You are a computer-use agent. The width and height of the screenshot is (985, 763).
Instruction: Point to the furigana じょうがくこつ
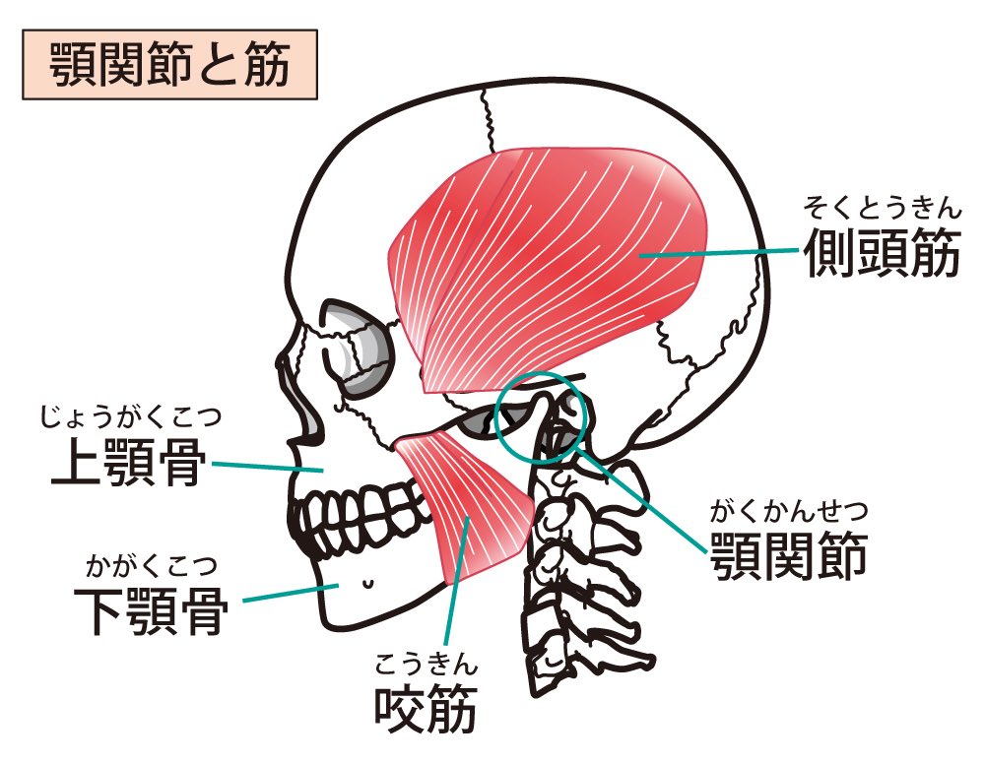pyautogui.click(x=128, y=416)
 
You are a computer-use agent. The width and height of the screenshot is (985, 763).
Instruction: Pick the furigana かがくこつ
pyautogui.click(x=151, y=566)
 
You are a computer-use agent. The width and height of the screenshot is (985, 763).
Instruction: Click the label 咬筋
pyautogui.click(x=426, y=709)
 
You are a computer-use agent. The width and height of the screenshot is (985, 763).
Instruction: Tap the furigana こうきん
pyautogui.click(x=426, y=664)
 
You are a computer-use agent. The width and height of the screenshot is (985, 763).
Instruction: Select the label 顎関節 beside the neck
pyautogui.click(x=788, y=556)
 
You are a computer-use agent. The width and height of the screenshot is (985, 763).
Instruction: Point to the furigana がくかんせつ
pyautogui.click(x=788, y=512)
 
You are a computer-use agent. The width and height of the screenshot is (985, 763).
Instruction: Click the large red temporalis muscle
pyautogui.click(x=552, y=256)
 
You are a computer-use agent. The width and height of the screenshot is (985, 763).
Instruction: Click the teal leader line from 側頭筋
pyautogui.click(x=719, y=253)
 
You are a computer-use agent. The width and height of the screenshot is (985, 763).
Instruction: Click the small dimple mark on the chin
pyautogui.click(x=367, y=583)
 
